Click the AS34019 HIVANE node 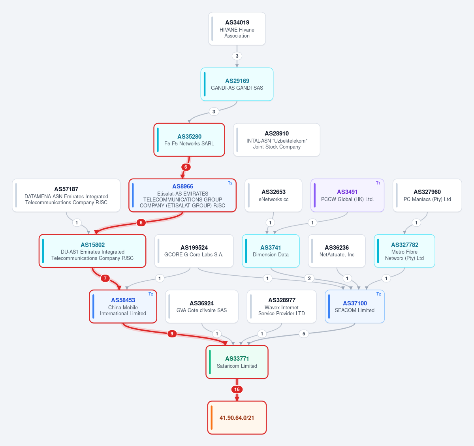point(237,29)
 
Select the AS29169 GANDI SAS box point(237,84)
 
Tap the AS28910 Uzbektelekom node point(276,140)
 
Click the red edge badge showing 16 point(237,390)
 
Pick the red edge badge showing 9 point(172,334)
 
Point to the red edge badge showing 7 point(105,278)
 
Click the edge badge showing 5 point(304,334)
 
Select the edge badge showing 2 point(309,278)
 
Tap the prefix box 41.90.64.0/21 point(237,418)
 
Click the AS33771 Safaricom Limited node point(237,362)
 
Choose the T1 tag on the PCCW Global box point(378,183)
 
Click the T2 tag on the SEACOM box point(378,294)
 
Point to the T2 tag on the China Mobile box point(150,294)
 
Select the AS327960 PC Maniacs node point(427,196)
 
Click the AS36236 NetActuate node point(337,251)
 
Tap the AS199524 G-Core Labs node point(194,251)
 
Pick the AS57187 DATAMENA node point(66,196)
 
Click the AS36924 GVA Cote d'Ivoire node point(202,307)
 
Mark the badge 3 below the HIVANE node point(237,56)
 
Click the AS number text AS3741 point(271,248)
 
